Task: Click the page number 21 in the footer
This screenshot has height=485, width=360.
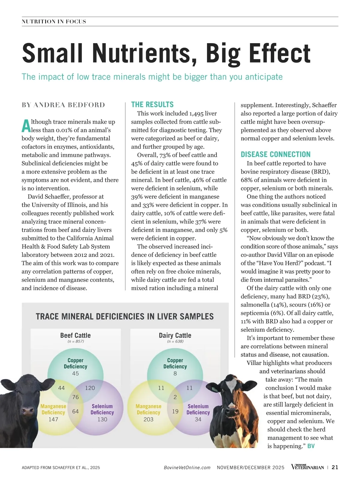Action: [335, 467]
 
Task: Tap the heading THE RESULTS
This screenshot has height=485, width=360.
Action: [152, 105]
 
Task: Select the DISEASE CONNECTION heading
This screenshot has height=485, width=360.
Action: [275, 154]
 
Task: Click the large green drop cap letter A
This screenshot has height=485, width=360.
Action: [26, 126]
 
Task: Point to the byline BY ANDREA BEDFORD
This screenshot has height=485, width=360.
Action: [63, 105]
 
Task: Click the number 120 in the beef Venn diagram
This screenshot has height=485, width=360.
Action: [90, 388]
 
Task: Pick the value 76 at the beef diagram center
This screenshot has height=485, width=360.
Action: [76, 397]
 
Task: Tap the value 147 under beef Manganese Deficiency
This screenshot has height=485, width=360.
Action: [53, 419]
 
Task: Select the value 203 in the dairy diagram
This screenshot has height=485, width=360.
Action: [148, 419]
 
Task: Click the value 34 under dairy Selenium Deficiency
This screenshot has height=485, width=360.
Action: [198, 419]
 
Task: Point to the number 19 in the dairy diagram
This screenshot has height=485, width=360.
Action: [175, 411]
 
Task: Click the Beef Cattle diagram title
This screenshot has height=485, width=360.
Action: [75, 335]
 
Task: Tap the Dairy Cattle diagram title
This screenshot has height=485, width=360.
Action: [175, 335]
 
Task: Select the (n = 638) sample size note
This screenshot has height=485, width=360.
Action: [175, 341]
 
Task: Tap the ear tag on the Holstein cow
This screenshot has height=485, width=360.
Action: [214, 389]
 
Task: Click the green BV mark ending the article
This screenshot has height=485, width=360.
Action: [311, 446]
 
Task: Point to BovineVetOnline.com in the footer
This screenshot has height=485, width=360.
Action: [187, 468]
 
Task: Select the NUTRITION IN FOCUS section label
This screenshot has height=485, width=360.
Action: [54, 22]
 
